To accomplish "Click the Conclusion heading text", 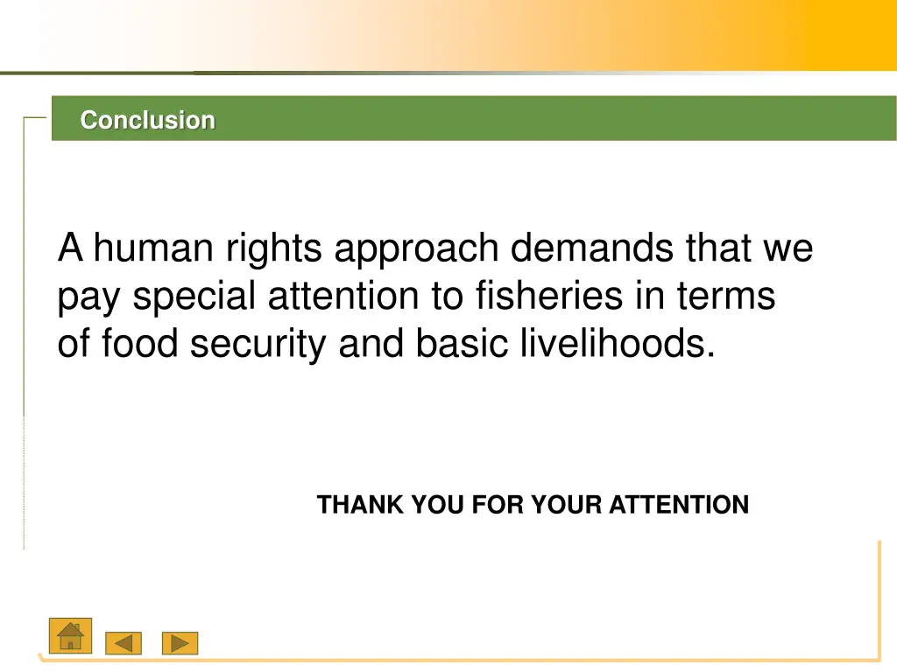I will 147,120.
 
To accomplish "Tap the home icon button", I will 69,636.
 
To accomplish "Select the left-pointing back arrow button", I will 124,644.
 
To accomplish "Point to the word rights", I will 274,251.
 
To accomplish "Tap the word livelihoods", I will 618,344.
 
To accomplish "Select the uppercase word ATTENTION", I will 679,505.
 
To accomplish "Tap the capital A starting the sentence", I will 70,249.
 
